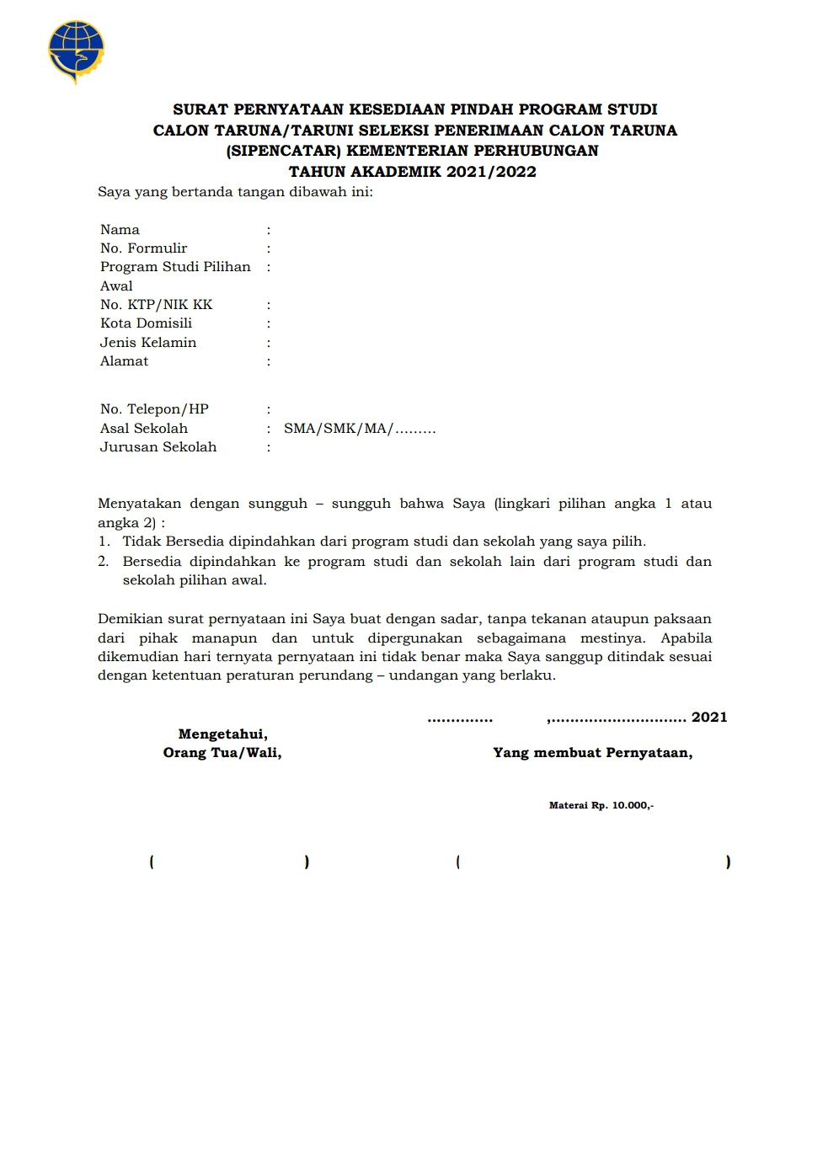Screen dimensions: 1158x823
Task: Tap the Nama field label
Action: [x=120, y=230]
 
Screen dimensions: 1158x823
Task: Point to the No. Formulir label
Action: [x=143, y=248]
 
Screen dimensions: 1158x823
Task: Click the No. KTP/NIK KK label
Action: [x=156, y=305]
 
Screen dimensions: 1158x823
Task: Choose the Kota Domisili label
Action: [x=146, y=323]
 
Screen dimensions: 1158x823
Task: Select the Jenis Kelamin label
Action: [x=148, y=343]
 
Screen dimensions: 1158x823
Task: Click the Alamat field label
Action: [x=124, y=361]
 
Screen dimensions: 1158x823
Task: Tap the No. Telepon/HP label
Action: [x=154, y=409]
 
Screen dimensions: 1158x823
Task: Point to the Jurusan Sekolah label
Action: [x=158, y=447]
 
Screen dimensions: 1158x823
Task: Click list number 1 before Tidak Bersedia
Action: [x=104, y=542]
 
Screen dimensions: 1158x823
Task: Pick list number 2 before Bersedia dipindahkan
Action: [x=104, y=562]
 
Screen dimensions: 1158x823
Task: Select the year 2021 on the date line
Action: [x=709, y=718]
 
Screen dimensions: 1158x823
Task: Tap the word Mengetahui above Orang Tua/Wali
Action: [x=222, y=734]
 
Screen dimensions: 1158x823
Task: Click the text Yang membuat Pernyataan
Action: [x=592, y=753]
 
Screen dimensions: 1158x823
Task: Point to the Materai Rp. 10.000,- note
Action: [x=601, y=806]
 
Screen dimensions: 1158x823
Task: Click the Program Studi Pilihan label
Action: [x=175, y=267]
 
